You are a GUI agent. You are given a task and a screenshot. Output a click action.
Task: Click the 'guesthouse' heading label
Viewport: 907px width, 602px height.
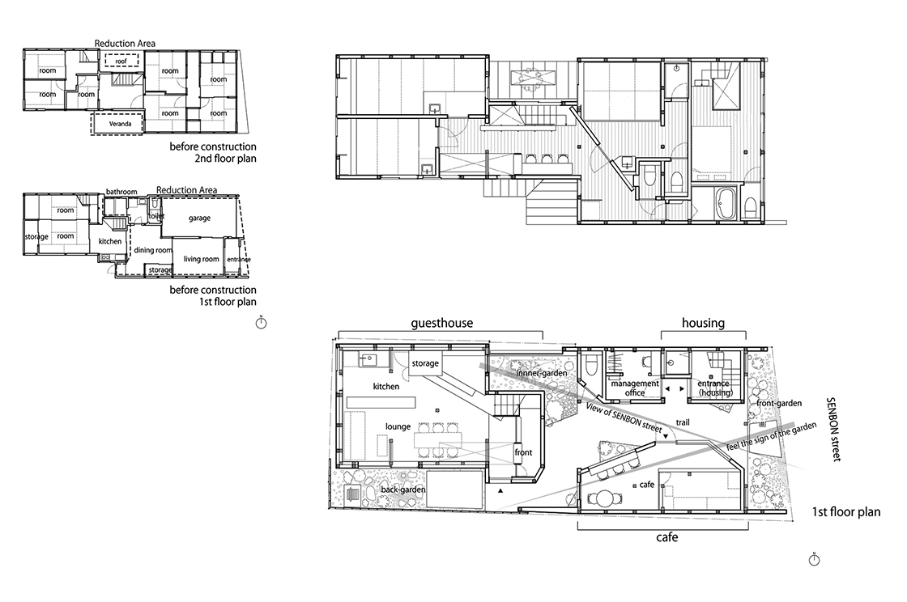click(x=442, y=323)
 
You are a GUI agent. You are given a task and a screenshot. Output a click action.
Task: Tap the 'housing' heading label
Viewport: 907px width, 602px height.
click(x=703, y=323)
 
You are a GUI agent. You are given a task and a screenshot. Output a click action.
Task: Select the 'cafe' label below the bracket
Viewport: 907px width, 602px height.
click(x=667, y=537)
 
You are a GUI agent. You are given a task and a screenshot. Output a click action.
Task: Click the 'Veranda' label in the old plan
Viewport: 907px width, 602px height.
click(x=121, y=124)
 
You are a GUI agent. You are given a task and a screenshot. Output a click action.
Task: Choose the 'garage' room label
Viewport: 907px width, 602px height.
click(x=199, y=218)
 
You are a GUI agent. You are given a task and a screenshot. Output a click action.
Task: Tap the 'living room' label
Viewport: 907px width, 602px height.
click(x=202, y=259)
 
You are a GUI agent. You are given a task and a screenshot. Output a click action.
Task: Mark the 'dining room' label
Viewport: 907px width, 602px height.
click(x=153, y=250)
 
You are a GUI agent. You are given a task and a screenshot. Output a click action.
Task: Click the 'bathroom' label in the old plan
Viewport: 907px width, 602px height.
click(x=121, y=192)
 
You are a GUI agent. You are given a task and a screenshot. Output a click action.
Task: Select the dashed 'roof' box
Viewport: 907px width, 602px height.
click(x=121, y=61)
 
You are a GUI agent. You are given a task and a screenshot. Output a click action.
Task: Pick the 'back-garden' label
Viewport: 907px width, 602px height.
click(x=403, y=490)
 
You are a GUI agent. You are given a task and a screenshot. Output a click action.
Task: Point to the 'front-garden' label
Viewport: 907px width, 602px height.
click(x=779, y=403)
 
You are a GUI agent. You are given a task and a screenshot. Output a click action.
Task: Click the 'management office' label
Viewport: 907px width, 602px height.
click(x=635, y=388)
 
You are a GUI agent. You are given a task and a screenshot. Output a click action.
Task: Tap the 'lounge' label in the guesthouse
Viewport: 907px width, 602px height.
click(x=398, y=426)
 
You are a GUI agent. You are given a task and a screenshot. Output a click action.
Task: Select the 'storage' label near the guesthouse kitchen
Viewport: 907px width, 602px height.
click(x=425, y=363)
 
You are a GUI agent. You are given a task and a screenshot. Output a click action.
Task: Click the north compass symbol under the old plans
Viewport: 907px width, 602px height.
click(x=261, y=323)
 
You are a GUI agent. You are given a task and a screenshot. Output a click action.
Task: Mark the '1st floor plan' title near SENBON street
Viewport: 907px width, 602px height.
click(x=846, y=512)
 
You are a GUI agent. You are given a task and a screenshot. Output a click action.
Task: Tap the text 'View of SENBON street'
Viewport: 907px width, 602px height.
click(x=624, y=418)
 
